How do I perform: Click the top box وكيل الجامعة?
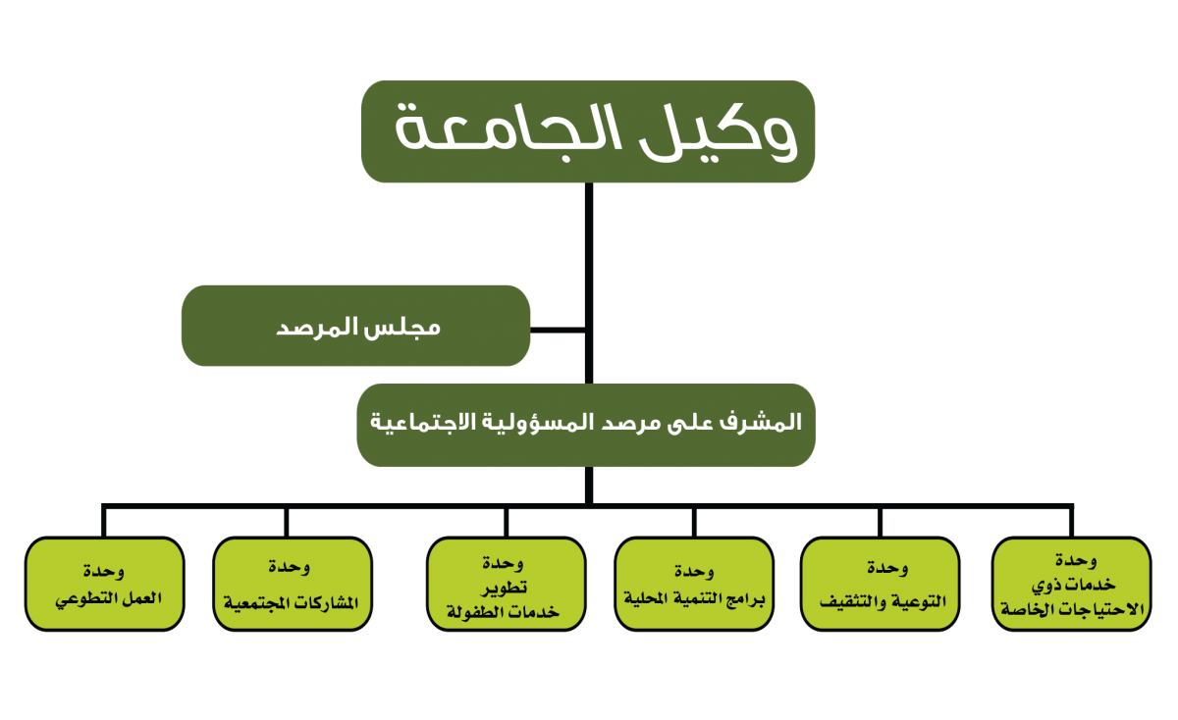(x=588, y=131)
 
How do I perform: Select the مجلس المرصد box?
(x=355, y=326)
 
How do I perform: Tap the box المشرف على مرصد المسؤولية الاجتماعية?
(x=586, y=425)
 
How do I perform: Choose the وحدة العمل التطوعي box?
(x=105, y=584)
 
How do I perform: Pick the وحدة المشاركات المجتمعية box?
(x=293, y=584)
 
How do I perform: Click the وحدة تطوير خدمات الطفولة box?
(x=506, y=584)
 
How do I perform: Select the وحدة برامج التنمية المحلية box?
(x=694, y=584)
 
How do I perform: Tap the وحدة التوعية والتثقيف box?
(x=881, y=584)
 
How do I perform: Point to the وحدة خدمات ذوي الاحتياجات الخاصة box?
(x=1072, y=584)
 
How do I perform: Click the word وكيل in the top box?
(x=719, y=131)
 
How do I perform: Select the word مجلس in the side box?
(x=409, y=328)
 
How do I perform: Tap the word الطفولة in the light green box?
(x=476, y=612)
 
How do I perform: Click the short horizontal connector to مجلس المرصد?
(x=558, y=330)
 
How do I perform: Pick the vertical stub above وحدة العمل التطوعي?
(x=104, y=522)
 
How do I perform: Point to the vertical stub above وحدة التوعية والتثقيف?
(x=880, y=522)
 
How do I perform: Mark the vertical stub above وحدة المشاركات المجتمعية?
(x=287, y=522)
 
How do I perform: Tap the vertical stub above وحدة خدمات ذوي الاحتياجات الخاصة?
(x=1071, y=522)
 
